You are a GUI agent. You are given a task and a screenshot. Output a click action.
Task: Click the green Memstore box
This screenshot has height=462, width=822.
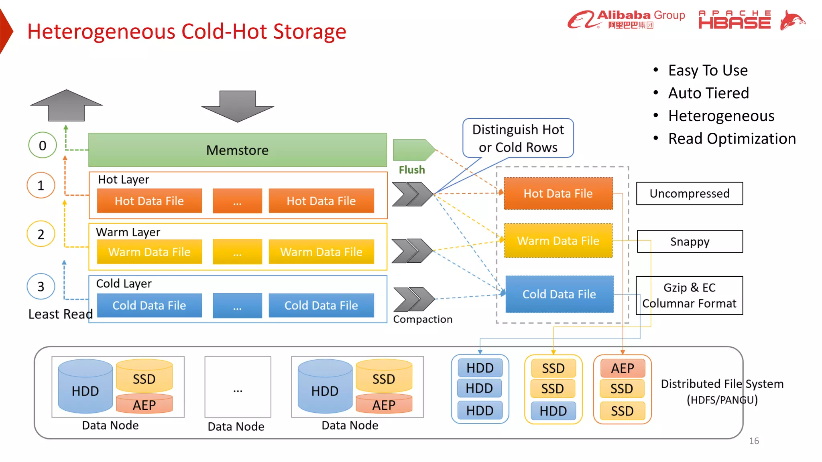coord(238,150)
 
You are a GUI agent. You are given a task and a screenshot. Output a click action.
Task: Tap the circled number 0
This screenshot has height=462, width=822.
coord(42,145)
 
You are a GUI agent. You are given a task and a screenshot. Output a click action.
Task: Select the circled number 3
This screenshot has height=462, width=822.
coord(41,286)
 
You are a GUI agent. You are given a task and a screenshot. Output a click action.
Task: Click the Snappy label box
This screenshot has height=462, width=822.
coord(690,241)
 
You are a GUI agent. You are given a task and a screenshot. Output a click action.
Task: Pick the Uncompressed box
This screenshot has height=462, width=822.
coord(690,193)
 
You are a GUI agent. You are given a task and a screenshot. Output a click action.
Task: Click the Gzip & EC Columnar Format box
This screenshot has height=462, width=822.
coord(689,296)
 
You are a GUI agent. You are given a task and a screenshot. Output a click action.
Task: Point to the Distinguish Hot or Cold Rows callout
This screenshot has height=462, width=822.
coord(518,138)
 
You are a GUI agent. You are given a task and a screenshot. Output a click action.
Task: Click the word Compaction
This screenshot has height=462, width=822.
coord(423,319)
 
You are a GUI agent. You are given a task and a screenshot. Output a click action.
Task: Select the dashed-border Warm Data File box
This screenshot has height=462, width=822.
coord(558,241)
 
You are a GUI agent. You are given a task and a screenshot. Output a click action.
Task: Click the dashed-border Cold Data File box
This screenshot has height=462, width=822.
coord(559,294)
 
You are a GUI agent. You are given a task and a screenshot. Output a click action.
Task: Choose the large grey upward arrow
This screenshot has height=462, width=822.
coord(66,105)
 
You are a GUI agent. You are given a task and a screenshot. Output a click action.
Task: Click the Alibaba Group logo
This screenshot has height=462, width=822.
coord(626,19)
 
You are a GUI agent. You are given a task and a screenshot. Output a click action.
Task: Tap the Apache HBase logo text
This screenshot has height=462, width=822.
coord(735,20)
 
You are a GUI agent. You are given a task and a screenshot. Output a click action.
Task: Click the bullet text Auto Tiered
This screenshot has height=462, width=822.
coord(708,93)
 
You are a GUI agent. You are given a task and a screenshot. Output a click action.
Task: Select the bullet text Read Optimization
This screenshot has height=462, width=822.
coord(732,139)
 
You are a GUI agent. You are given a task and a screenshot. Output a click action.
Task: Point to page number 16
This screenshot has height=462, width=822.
coord(754,441)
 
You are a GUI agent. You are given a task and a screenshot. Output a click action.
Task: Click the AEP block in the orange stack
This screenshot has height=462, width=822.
coord(623,368)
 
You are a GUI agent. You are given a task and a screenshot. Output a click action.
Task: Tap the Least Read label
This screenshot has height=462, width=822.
coord(60,314)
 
